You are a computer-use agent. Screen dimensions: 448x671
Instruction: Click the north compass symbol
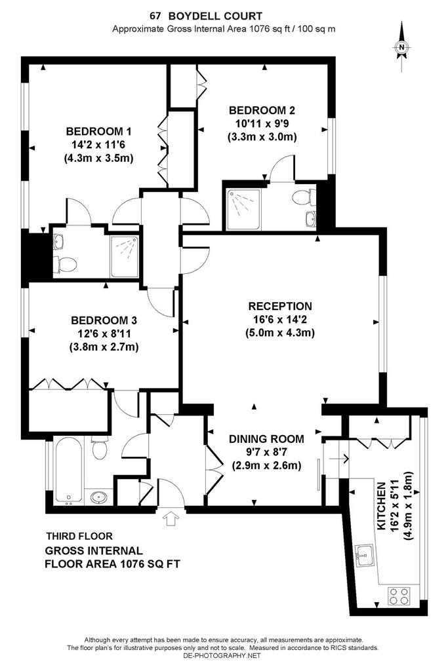pyautogui.click(x=401, y=47)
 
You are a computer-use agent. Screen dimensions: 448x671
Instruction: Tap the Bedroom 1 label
pyautogui.click(x=98, y=131)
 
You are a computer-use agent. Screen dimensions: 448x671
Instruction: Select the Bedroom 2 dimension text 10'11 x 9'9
pyautogui.click(x=262, y=124)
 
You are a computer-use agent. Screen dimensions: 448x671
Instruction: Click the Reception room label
pyautogui.click(x=280, y=306)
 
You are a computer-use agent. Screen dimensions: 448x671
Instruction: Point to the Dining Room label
pyautogui.click(x=266, y=438)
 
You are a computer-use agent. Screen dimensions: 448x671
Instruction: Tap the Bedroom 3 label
pyautogui.click(x=104, y=320)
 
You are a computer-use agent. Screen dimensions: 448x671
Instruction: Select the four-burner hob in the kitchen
pyautogui.click(x=399, y=595)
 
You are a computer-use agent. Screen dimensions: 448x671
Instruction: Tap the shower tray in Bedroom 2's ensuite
pyautogui.click(x=243, y=204)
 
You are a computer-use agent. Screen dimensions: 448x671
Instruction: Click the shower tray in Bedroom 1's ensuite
pyautogui.click(x=124, y=257)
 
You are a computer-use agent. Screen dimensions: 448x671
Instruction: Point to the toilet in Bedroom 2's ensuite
pyautogui.click(x=302, y=198)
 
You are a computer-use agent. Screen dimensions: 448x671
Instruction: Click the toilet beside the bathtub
pyautogui.click(x=99, y=448)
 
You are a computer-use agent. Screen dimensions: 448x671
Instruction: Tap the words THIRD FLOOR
pyautogui.click(x=79, y=536)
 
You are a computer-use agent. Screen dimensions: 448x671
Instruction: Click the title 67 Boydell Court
pyautogui.click(x=206, y=16)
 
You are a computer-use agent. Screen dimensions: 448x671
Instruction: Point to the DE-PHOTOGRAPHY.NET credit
pyautogui.click(x=222, y=655)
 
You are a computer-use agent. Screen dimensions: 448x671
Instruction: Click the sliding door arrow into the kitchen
pyautogui.click(x=338, y=459)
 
